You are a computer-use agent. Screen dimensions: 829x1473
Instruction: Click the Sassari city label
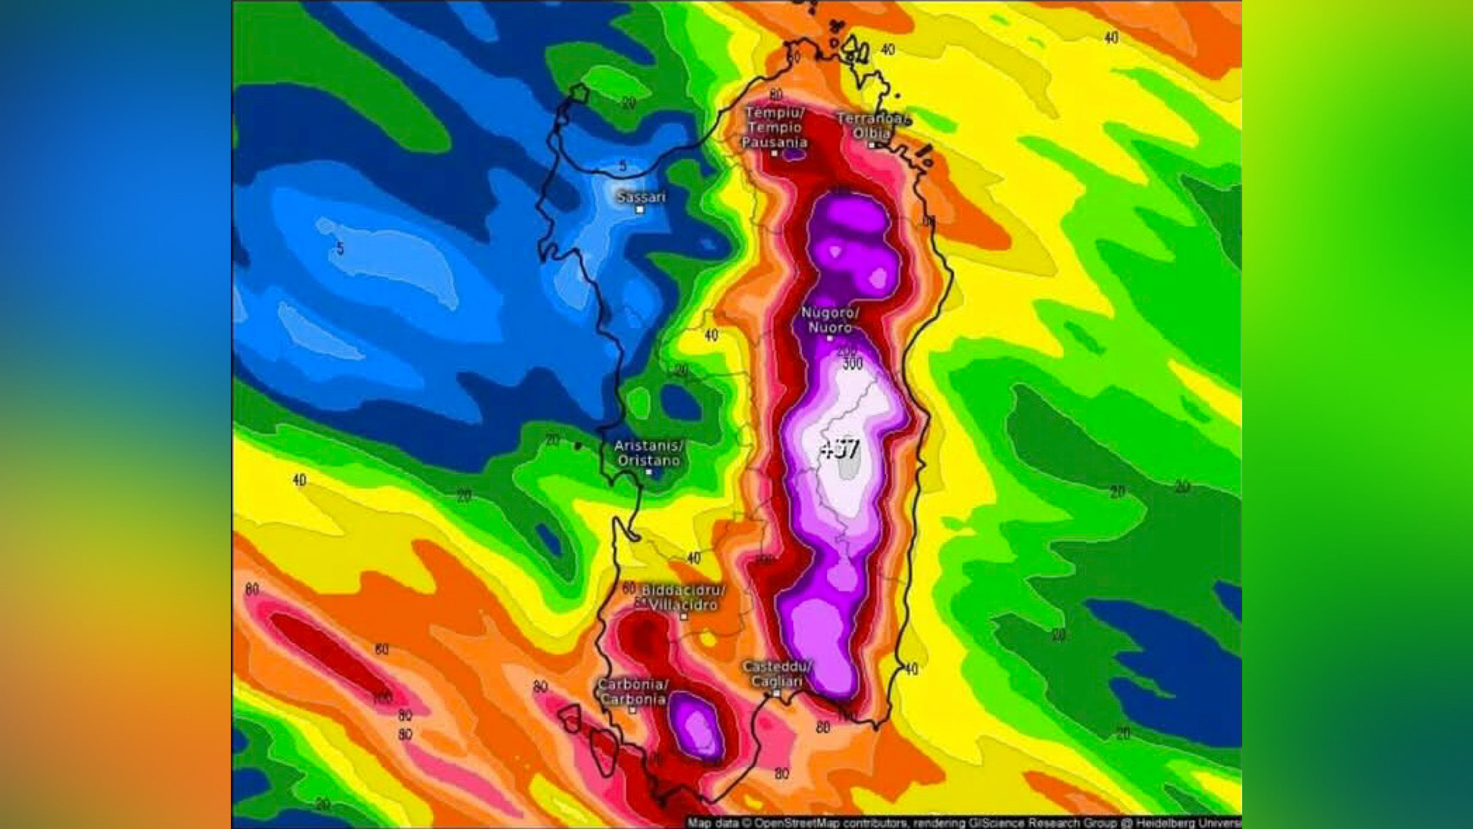coord(641,196)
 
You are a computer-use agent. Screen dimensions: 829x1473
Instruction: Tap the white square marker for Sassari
coord(639,210)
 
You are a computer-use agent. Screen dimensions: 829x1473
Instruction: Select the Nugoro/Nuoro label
coord(830,320)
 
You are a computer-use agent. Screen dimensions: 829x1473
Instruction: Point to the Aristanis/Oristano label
coord(649,453)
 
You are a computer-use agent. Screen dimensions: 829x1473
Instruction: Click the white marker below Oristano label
coord(649,473)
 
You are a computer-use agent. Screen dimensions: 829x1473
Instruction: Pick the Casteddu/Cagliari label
coord(777,674)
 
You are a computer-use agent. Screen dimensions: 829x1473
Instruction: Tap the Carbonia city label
coord(633,691)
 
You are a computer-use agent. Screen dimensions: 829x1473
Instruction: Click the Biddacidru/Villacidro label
coord(683,597)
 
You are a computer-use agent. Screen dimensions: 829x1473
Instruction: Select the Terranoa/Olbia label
coord(872,126)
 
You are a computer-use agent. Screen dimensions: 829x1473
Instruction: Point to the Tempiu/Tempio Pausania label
coord(775,127)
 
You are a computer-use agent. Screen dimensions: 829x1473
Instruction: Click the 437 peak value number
coord(840,450)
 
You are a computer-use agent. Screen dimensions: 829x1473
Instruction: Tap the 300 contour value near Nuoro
coord(852,363)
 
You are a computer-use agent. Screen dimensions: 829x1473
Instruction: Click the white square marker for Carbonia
coord(633,710)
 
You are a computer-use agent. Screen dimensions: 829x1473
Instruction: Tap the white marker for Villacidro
coord(684,617)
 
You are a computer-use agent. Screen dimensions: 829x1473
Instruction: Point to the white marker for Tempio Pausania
coord(775,153)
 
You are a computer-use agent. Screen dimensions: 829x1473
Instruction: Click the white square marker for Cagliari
coord(777,693)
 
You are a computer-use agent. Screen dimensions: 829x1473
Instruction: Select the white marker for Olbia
coord(872,145)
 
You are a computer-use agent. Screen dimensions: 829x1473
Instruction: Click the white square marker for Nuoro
coord(829,338)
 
